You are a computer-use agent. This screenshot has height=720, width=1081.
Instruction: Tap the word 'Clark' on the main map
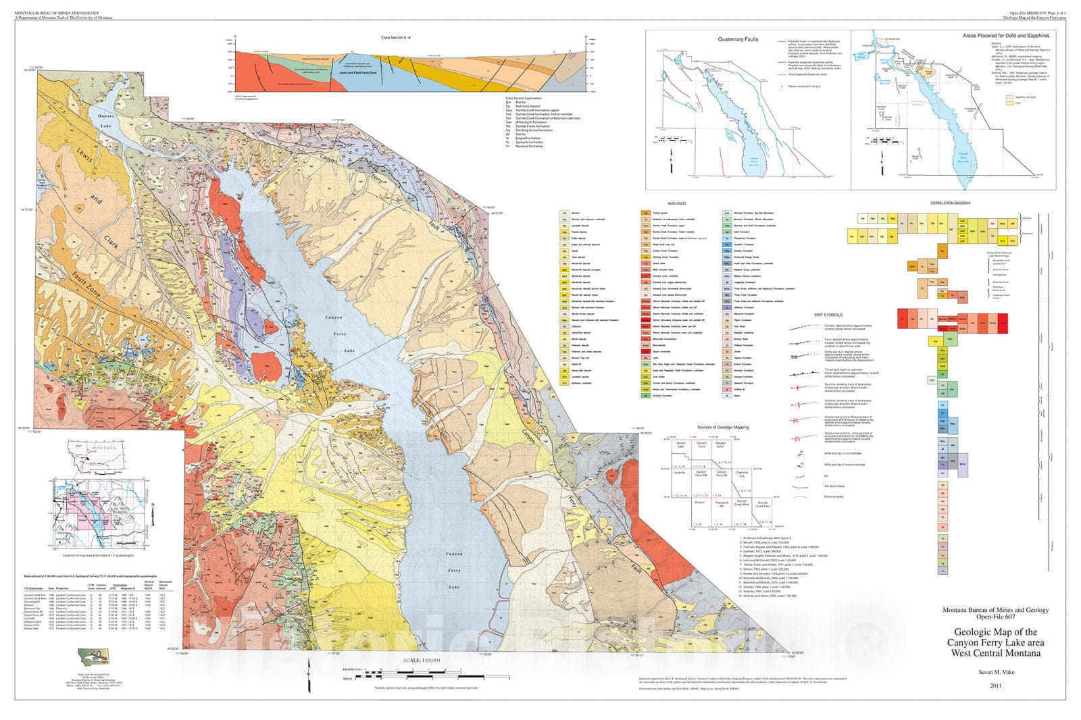tap(111, 241)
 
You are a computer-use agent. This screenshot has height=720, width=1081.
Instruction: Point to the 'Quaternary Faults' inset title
tap(738, 39)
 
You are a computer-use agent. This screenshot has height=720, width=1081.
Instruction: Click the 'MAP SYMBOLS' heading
tap(828, 315)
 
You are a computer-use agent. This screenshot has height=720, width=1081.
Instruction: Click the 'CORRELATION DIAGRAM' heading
tap(950, 203)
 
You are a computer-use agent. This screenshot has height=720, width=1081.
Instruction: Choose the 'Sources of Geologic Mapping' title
tap(723, 427)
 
